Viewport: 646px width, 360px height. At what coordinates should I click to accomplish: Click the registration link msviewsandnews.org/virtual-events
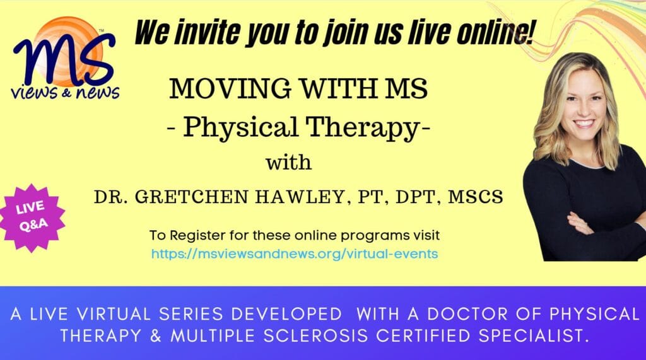tap(295, 253)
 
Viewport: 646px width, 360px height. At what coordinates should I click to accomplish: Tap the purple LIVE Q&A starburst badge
tap(32, 217)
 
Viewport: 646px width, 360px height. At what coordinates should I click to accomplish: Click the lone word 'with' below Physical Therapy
tap(288, 162)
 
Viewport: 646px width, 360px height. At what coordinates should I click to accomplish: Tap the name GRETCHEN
tap(192, 197)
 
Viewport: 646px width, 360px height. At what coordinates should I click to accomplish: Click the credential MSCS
tap(476, 197)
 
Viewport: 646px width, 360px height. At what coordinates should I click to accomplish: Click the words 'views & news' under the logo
tap(66, 92)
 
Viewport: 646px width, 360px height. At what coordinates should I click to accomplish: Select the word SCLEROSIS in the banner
tap(315, 335)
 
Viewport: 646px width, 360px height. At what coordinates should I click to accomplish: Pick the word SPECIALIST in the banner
tap(532, 335)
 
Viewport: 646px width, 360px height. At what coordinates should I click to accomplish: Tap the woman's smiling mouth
tap(584, 123)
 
